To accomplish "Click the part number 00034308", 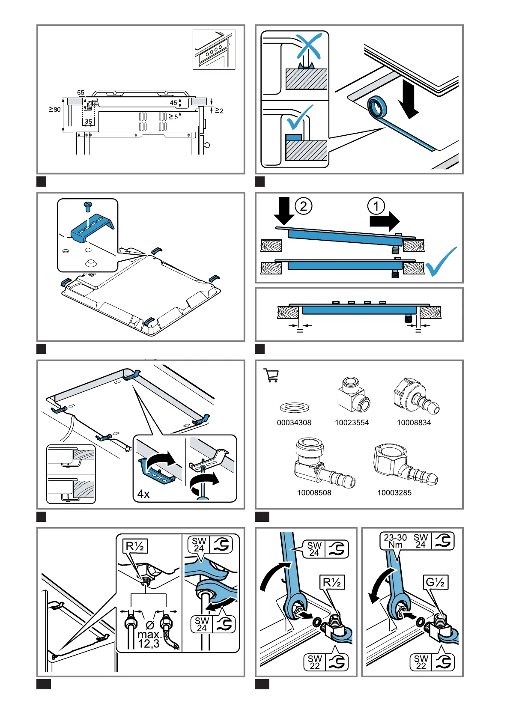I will coord(294,423).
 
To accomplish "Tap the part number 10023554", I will coord(352,423).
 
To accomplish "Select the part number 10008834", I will coord(414,423).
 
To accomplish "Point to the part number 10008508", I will coord(314,493).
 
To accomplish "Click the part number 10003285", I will coord(394,493).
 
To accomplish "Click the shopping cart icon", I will coord(271,375).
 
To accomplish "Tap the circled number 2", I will coord(303,206).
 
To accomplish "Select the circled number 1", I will coord(376,206).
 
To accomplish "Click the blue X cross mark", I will coord(308,47).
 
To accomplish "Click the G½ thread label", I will coord(435,582).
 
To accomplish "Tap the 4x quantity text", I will coord(143,494).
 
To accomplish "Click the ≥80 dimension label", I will coord(55,110).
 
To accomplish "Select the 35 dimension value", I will coord(88,122).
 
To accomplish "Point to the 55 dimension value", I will coord(81,92).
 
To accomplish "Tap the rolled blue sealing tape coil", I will coord(377,107).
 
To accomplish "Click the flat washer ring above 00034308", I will coord(294,407).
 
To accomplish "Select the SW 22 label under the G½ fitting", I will coord(421,662).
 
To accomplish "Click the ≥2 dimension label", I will coord(219,111).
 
